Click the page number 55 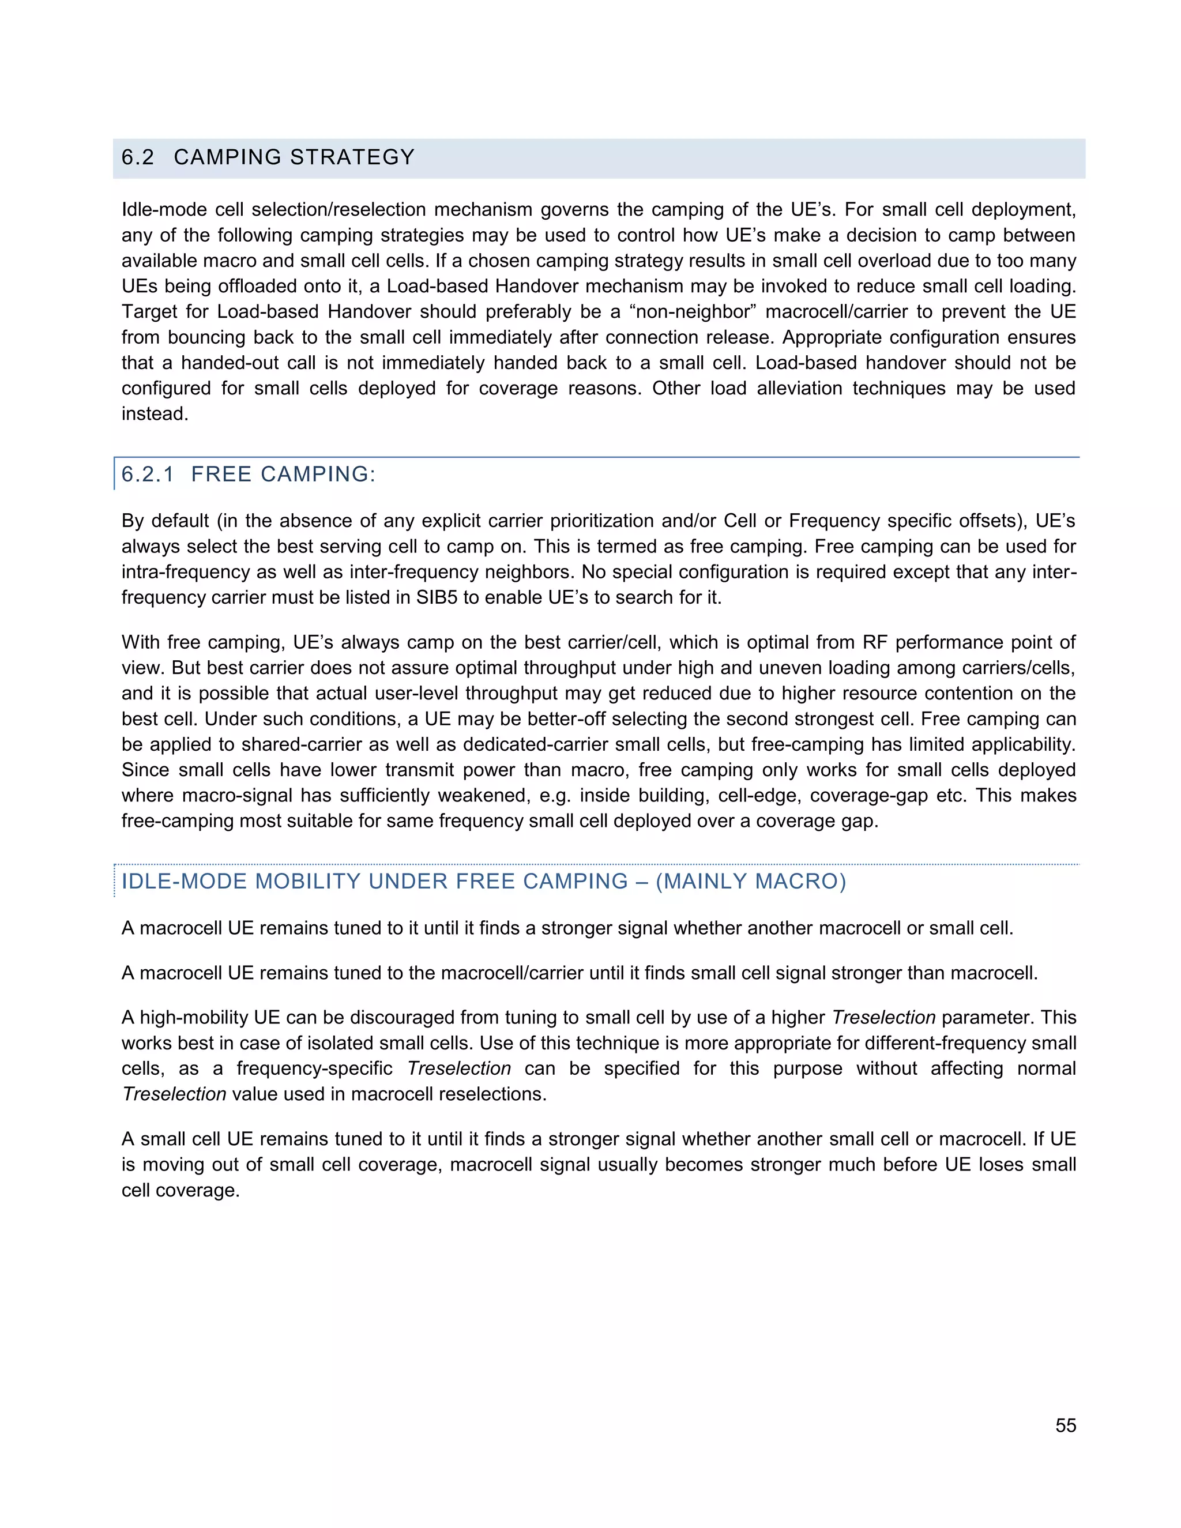[x=1065, y=1425]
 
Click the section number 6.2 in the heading [x=138, y=157]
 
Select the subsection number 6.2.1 [x=148, y=475]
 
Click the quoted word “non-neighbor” [x=693, y=312]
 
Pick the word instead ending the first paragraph [x=154, y=414]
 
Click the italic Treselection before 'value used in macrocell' [x=174, y=1094]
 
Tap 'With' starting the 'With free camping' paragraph [x=141, y=642]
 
